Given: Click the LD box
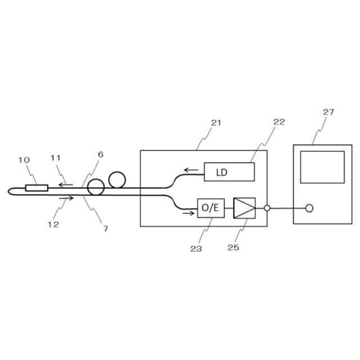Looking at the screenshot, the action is point(229,172).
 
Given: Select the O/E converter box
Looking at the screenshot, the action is point(210,208).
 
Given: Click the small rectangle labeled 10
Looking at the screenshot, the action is point(37,187).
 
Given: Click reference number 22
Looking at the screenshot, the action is point(279,121).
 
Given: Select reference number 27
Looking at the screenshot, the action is point(328,112).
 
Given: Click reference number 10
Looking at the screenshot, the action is point(24,160).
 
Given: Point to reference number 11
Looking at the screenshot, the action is point(55,158).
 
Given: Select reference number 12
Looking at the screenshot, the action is point(53,224).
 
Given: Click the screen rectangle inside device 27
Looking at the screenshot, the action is point(322,166).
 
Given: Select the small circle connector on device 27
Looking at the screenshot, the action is point(309,208).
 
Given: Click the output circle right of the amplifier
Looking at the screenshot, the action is point(267,208).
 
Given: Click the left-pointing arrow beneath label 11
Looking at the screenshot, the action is point(66,184).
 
